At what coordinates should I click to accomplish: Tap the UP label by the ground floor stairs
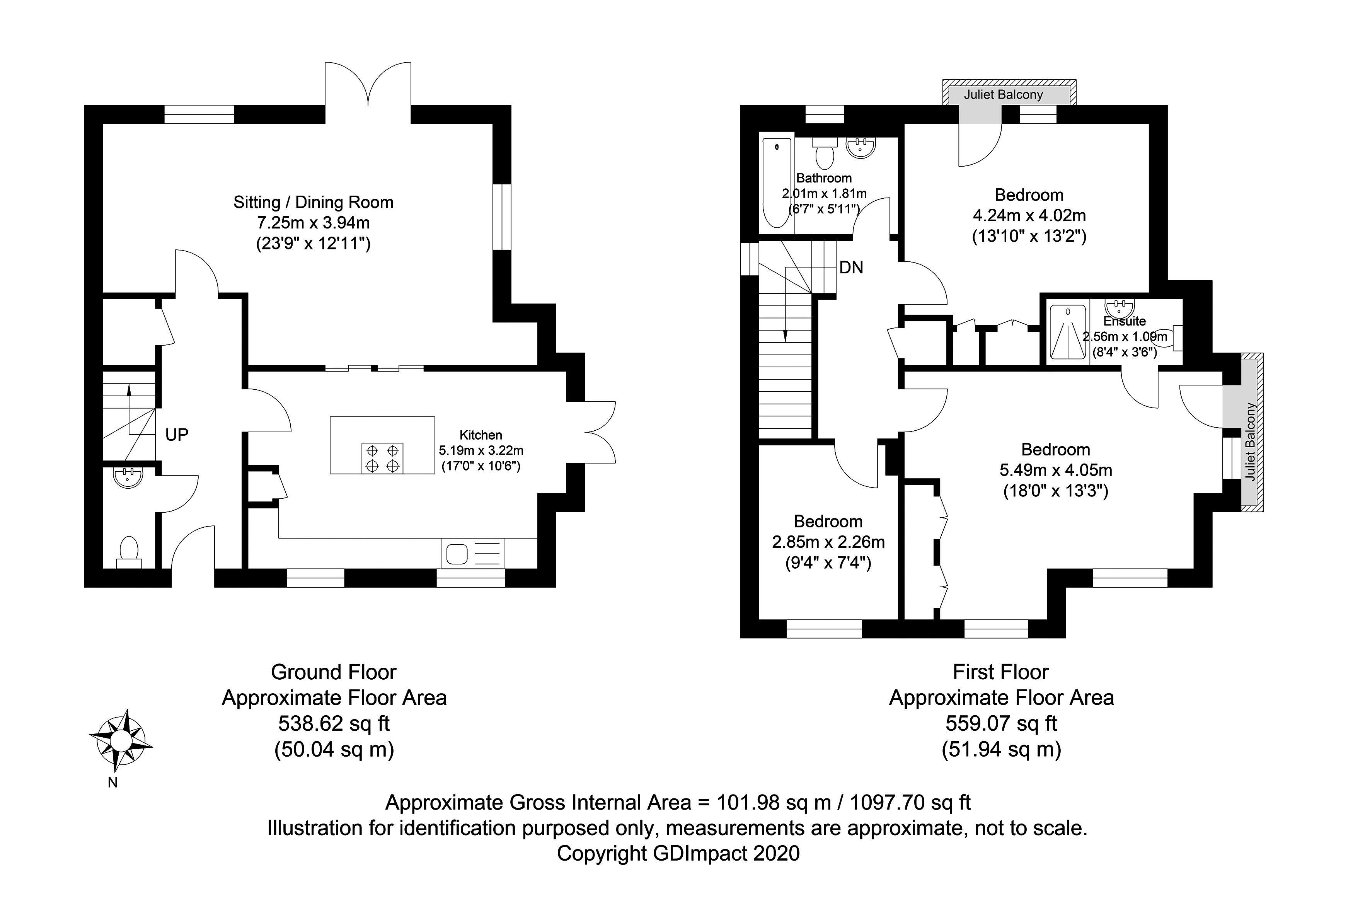point(177,435)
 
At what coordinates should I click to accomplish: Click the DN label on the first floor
point(851,268)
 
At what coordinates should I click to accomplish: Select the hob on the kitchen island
point(382,458)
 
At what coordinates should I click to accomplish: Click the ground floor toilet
point(129,551)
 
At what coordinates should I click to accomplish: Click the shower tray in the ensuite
point(1068,332)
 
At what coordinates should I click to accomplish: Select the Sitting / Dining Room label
point(314,203)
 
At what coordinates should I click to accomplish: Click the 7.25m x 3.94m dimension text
point(314,223)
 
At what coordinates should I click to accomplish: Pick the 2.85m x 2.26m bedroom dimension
point(828,542)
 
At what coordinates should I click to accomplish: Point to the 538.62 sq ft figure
point(334,723)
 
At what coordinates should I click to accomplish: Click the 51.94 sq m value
point(1001,749)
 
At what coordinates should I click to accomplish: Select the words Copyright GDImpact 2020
point(678,853)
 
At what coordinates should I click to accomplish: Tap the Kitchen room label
point(481,435)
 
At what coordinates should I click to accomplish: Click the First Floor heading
point(1000,672)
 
